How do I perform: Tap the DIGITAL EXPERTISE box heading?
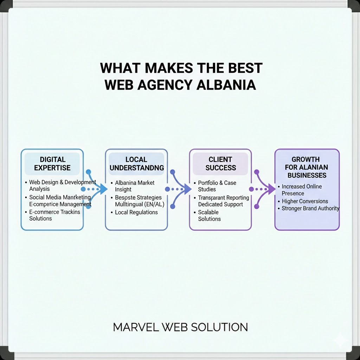[52, 164]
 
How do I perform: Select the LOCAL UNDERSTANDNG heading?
[137, 164]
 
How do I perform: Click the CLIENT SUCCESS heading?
[221, 164]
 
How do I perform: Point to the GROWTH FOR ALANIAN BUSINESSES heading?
[307, 167]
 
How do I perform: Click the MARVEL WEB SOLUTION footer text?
[180, 327]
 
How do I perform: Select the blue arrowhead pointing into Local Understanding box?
[103, 189]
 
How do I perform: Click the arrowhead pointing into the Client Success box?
[187, 189]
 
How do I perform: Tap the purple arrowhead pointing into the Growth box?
[271, 189]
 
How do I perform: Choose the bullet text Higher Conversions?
[305, 201]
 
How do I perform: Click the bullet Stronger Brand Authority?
[310, 208]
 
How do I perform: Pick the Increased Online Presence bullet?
[302, 190]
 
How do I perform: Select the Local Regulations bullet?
[136, 212]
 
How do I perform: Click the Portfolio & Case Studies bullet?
[217, 186]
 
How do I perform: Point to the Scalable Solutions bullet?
[209, 216]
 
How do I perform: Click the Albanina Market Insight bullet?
[135, 186]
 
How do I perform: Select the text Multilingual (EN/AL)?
[140, 204]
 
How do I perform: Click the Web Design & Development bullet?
[62, 182]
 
